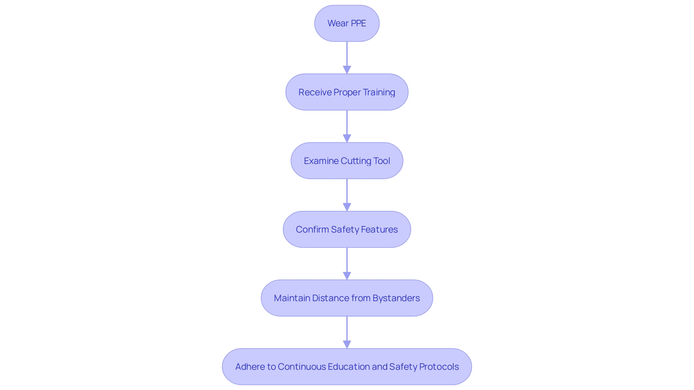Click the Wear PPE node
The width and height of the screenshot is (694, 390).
tap(347, 23)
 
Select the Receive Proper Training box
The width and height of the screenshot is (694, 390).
tap(347, 92)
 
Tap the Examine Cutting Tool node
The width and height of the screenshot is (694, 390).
tap(347, 161)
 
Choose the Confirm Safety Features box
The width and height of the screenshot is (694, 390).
tap(347, 229)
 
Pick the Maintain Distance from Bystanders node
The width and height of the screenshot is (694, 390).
tap(347, 298)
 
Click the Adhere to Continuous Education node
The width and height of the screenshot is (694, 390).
tap(347, 367)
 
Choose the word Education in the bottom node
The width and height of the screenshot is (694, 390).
tap(349, 367)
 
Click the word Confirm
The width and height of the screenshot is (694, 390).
tap(312, 229)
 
